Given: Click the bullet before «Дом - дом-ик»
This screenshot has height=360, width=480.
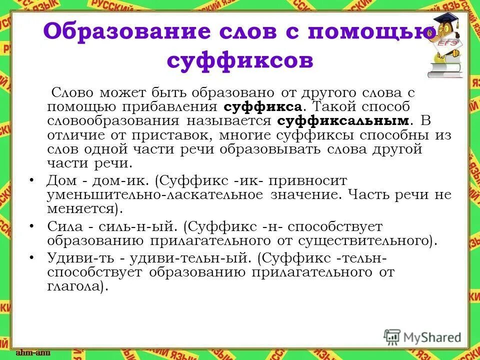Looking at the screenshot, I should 32,179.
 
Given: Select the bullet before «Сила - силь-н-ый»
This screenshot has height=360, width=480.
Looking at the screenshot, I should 32,226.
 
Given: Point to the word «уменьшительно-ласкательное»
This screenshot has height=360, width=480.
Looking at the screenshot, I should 155,194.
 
